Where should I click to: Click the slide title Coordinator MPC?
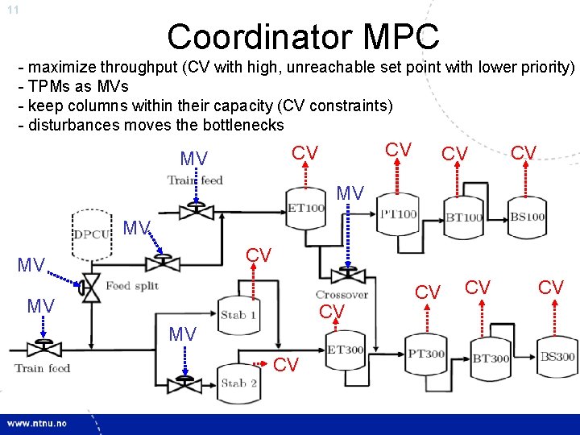pos(303,36)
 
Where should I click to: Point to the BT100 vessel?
pos(464,217)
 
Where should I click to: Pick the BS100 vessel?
pos(528,217)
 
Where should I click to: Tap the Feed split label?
pos(132,286)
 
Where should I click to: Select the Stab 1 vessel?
pos(238,314)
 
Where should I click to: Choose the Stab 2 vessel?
pos(239,383)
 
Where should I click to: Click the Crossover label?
pos(342,295)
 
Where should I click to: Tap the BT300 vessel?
pos(491,358)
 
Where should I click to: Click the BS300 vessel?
pos(557,356)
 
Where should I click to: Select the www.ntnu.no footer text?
pos(39,422)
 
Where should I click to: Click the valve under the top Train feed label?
pos(193,211)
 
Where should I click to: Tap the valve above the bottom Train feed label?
pos(38,349)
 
